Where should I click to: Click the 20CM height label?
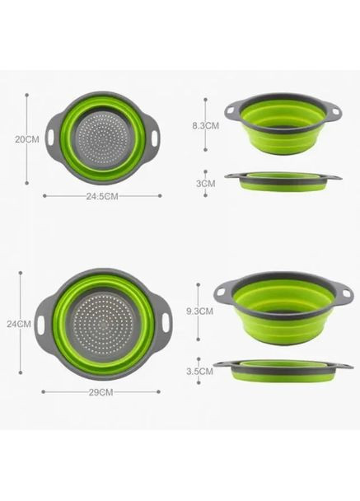tap(27, 140)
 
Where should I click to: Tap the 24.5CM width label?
tap(102, 196)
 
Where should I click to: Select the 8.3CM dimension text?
tap(206, 126)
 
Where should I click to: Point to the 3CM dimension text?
tap(206, 184)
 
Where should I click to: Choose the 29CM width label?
tap(101, 393)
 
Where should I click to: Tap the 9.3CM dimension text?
tap(201, 311)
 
